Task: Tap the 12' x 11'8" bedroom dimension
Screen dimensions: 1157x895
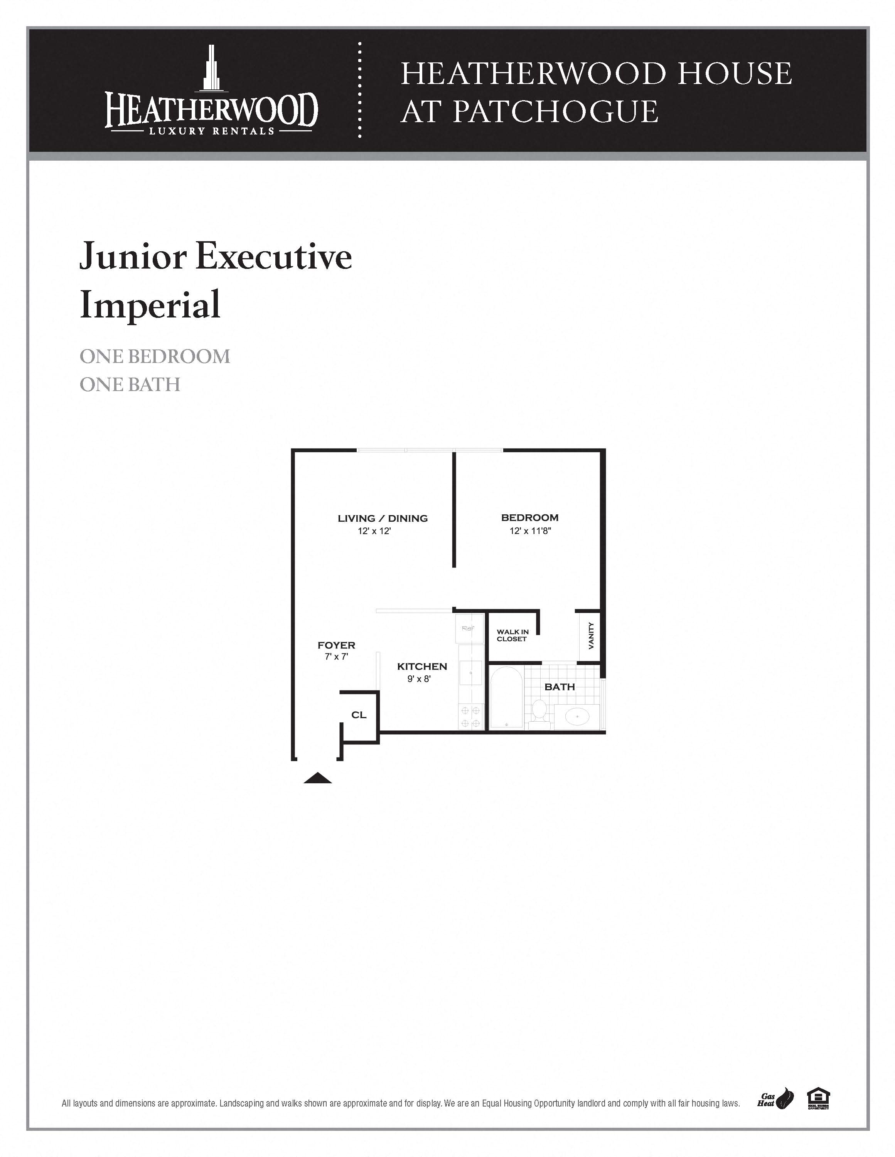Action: point(530,531)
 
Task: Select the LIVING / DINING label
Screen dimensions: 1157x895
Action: point(382,518)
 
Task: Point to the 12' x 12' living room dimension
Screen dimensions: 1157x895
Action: point(374,531)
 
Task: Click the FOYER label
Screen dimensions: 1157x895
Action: point(336,645)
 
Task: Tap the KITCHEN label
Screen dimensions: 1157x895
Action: point(422,667)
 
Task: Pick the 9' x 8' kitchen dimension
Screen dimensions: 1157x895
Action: point(419,679)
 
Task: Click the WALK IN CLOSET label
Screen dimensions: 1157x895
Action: point(512,635)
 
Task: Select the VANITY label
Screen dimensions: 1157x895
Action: point(591,636)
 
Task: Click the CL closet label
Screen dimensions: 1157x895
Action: point(359,715)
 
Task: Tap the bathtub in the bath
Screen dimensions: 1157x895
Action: point(506,697)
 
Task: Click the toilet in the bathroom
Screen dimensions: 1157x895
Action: point(539,710)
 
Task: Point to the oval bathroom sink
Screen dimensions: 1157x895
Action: point(577,717)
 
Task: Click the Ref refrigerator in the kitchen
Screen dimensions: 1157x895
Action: point(469,628)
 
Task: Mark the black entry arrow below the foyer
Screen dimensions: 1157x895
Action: point(318,778)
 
